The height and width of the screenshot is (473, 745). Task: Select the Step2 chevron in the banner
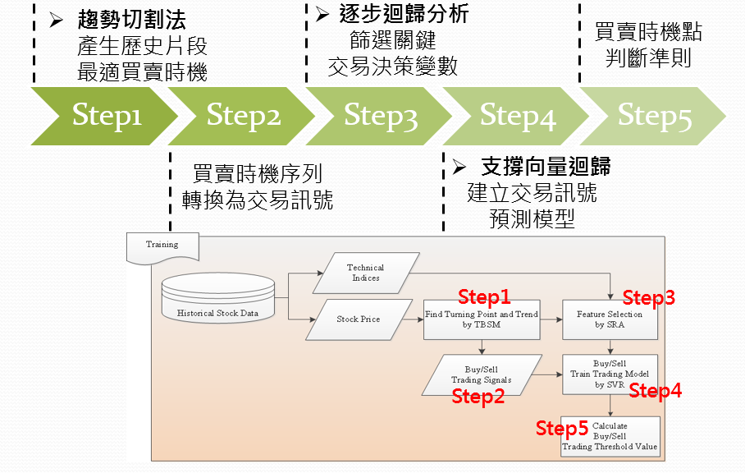243,116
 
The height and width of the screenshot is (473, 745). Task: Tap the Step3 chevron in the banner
380,116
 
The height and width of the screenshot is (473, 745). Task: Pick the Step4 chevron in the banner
518,116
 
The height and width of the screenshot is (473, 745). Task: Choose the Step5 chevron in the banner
655,116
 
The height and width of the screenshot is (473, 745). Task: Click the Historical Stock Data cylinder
217,300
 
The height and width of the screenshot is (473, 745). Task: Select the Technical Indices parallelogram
365,273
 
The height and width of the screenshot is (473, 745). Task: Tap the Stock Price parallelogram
359,319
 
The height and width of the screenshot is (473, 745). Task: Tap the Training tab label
161,245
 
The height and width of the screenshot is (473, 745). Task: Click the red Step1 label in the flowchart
484,296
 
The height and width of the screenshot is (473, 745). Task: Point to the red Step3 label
648,299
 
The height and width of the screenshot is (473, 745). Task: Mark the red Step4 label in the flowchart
655,391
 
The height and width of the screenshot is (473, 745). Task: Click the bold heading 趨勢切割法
132,18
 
